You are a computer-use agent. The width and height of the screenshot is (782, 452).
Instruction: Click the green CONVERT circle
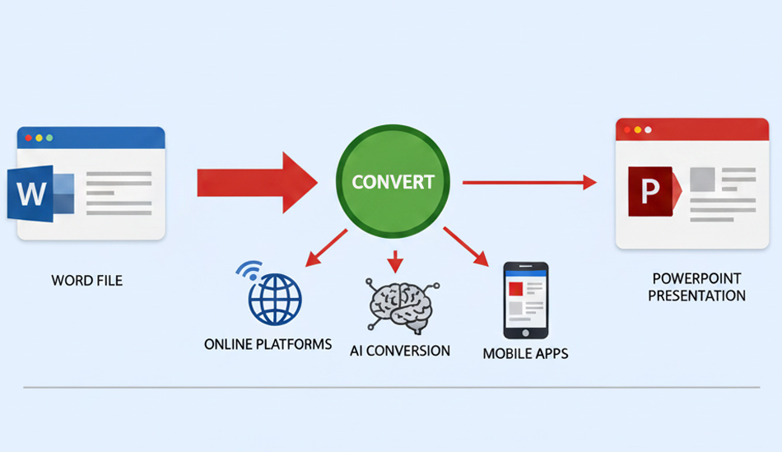coord(393,181)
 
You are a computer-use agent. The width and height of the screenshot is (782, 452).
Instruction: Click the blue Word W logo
coord(31,194)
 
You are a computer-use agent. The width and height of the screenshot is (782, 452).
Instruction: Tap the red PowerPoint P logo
coord(650,192)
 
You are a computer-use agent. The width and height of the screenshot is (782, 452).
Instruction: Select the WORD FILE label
coord(86,281)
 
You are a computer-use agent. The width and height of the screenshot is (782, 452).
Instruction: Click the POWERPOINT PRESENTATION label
coord(696,287)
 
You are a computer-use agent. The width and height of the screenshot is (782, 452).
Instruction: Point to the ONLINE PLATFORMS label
coord(268,343)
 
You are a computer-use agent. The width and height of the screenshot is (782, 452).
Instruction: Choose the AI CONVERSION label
coord(400,351)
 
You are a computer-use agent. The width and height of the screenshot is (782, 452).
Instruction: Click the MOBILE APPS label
coord(525,354)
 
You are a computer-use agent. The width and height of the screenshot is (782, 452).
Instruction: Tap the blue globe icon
coord(275,298)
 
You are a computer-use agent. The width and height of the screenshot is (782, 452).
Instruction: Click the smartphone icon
coord(525,300)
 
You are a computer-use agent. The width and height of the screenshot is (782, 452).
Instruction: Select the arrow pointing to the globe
coord(324,249)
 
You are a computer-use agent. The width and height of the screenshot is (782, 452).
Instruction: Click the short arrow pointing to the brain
coord(397,261)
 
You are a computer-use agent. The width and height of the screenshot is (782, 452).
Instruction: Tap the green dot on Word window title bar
coord(49,137)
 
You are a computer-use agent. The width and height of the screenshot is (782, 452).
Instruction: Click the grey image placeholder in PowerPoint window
coord(701,179)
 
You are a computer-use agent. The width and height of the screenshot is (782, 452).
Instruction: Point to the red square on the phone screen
coord(516,288)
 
